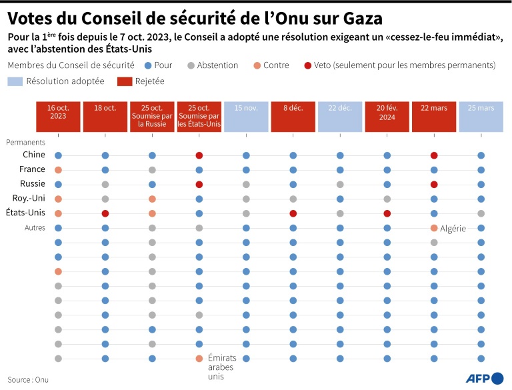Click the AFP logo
pyautogui.click(x=478, y=377)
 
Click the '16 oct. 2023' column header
pyautogui.click(x=58, y=117)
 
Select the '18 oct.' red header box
pyautogui.click(x=105, y=117)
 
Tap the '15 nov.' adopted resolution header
pyautogui.click(x=246, y=117)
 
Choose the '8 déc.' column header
pyautogui.click(x=293, y=117)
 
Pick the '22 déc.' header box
pyautogui.click(x=340, y=117)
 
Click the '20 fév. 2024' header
pyautogui.click(x=387, y=117)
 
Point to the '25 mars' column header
pyautogui.click(x=481, y=117)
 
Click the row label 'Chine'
pyautogui.click(x=33, y=155)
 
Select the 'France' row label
pyautogui.click(x=32, y=169)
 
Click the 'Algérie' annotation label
pyautogui.click(x=453, y=229)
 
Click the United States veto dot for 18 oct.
pyautogui.click(x=105, y=213)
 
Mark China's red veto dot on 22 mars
pyautogui.click(x=434, y=155)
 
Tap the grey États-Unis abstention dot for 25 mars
pyautogui.click(x=481, y=213)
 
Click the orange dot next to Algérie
pyautogui.click(x=434, y=228)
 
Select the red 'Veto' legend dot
pyautogui.click(x=307, y=65)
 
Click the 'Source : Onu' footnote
pyautogui.click(x=29, y=379)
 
